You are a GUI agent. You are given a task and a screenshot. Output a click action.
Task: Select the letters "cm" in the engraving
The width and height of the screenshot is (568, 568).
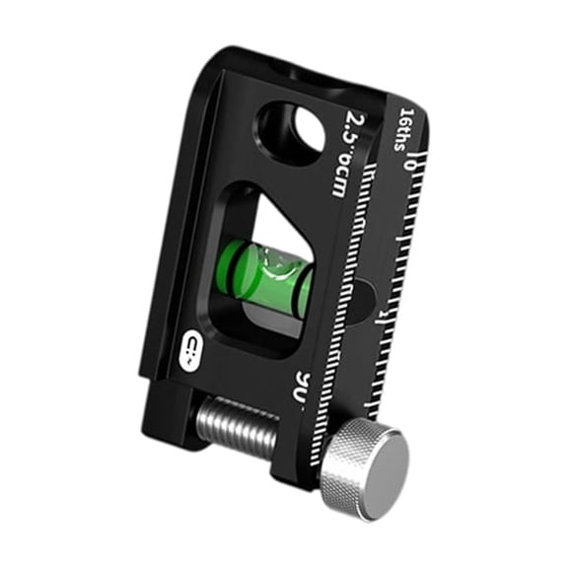point(338,180)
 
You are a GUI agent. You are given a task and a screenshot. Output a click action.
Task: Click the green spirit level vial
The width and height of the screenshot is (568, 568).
point(264,276)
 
